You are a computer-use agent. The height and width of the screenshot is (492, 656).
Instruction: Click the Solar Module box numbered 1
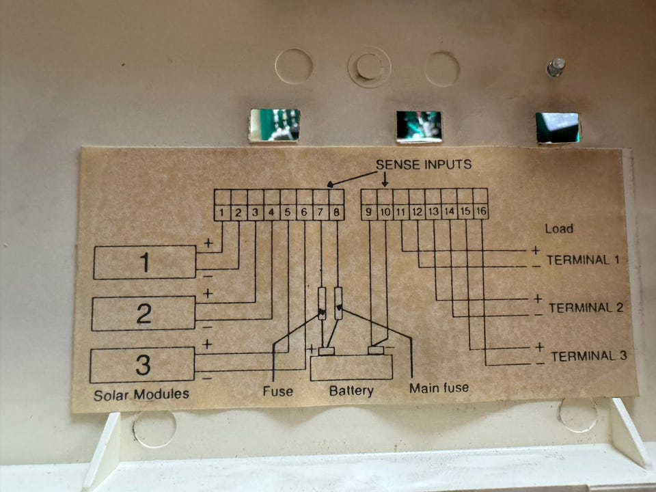pos(145,262)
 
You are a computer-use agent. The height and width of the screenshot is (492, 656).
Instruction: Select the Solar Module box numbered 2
pos(143,314)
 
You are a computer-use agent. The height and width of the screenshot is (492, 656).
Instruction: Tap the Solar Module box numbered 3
pos(142,365)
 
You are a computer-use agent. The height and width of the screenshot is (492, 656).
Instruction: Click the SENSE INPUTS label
pos(424,165)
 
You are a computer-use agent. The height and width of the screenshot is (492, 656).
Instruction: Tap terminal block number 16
pos(481,213)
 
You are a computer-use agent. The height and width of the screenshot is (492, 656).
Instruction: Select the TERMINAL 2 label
pos(586,307)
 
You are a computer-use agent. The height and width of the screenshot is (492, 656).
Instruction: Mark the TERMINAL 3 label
pos(588,356)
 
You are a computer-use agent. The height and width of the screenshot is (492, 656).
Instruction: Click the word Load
pos(559,229)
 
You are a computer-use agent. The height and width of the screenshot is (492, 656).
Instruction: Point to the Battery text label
pos(351,391)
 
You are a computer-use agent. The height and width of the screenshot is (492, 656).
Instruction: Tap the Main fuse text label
pos(439,388)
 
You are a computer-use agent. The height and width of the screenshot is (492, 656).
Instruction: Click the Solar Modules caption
pos(141,394)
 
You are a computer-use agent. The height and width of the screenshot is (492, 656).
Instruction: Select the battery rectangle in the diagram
pos(351,368)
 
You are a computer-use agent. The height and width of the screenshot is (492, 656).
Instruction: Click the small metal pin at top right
pos(555,67)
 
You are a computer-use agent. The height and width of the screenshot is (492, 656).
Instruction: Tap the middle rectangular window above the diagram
pos(419,126)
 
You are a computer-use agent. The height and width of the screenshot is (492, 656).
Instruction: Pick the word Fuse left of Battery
pos(277,391)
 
